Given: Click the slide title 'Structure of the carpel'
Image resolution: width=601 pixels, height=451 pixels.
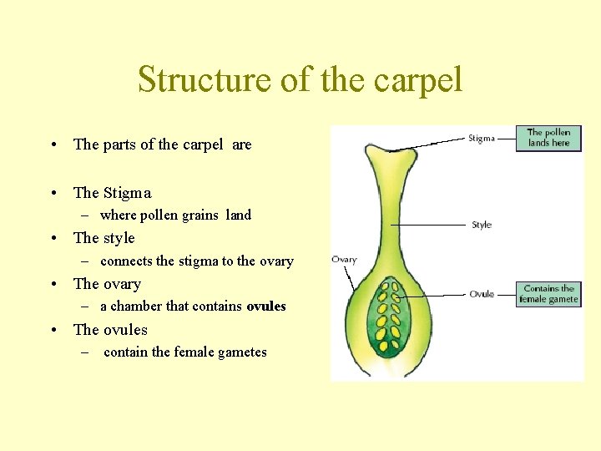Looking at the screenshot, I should click(300, 80).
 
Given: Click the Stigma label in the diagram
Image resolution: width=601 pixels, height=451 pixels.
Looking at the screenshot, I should click(481, 139).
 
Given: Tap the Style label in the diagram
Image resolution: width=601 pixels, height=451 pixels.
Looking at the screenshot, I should click(482, 225).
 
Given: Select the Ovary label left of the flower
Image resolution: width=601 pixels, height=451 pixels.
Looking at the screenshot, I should click(344, 260).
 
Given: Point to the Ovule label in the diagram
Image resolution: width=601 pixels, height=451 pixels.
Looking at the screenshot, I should click(482, 294).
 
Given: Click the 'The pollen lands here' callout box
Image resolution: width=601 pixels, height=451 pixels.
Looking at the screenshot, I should click(548, 138).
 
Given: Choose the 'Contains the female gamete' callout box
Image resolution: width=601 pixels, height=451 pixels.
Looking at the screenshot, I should click(548, 294).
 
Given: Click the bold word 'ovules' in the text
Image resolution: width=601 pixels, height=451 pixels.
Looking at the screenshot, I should click(266, 307).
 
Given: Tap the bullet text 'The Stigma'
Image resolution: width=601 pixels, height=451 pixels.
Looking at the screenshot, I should click(112, 193).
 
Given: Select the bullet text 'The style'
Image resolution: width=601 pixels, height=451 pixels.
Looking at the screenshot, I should click(104, 238).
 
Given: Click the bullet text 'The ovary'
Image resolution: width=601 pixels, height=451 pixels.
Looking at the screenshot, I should click(107, 284).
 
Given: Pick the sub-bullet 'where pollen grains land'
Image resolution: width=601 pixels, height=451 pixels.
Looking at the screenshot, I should click(175, 215).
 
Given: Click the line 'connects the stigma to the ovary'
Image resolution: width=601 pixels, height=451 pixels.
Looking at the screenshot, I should click(196, 261).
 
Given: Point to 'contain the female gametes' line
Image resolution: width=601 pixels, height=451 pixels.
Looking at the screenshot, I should click(185, 352).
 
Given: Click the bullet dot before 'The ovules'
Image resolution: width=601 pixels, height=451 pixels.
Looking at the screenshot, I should click(53, 330).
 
